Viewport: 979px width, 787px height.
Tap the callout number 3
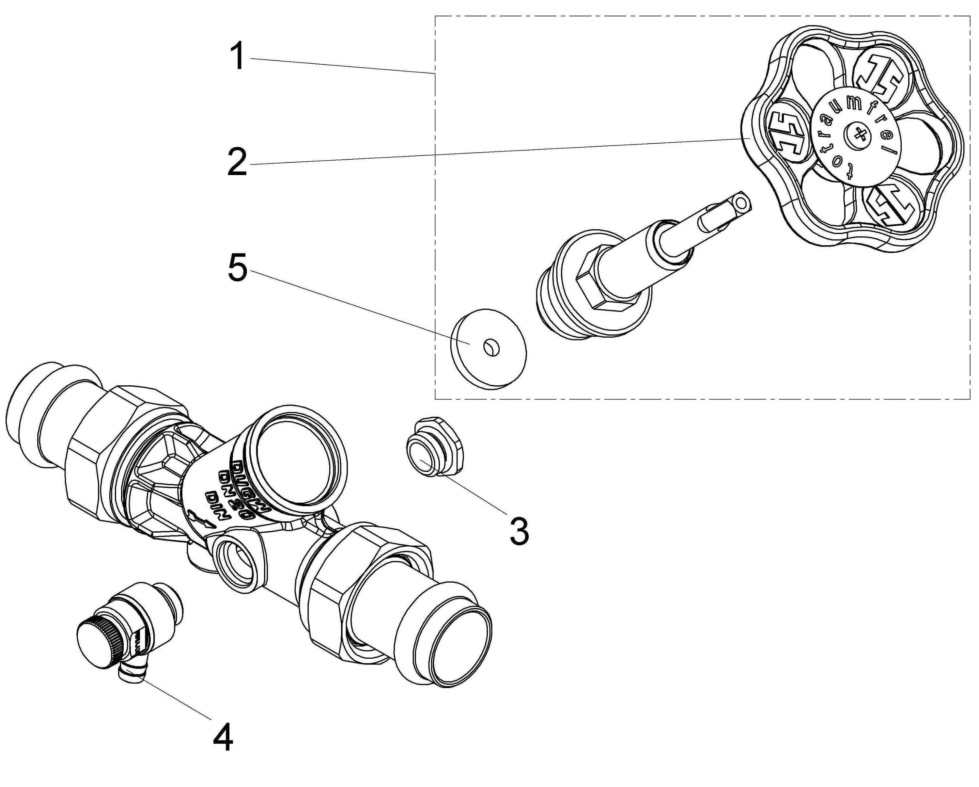coord(519,531)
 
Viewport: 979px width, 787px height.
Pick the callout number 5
coord(237,268)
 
